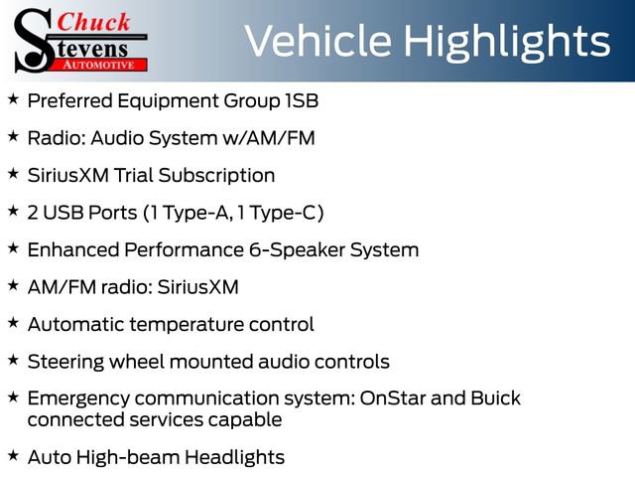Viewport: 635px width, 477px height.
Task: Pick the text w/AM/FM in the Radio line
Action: (x=269, y=138)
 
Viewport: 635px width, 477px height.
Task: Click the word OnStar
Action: (x=394, y=398)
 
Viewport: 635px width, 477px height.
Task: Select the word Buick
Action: (x=494, y=398)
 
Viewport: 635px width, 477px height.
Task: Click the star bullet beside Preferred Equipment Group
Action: (x=13, y=98)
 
